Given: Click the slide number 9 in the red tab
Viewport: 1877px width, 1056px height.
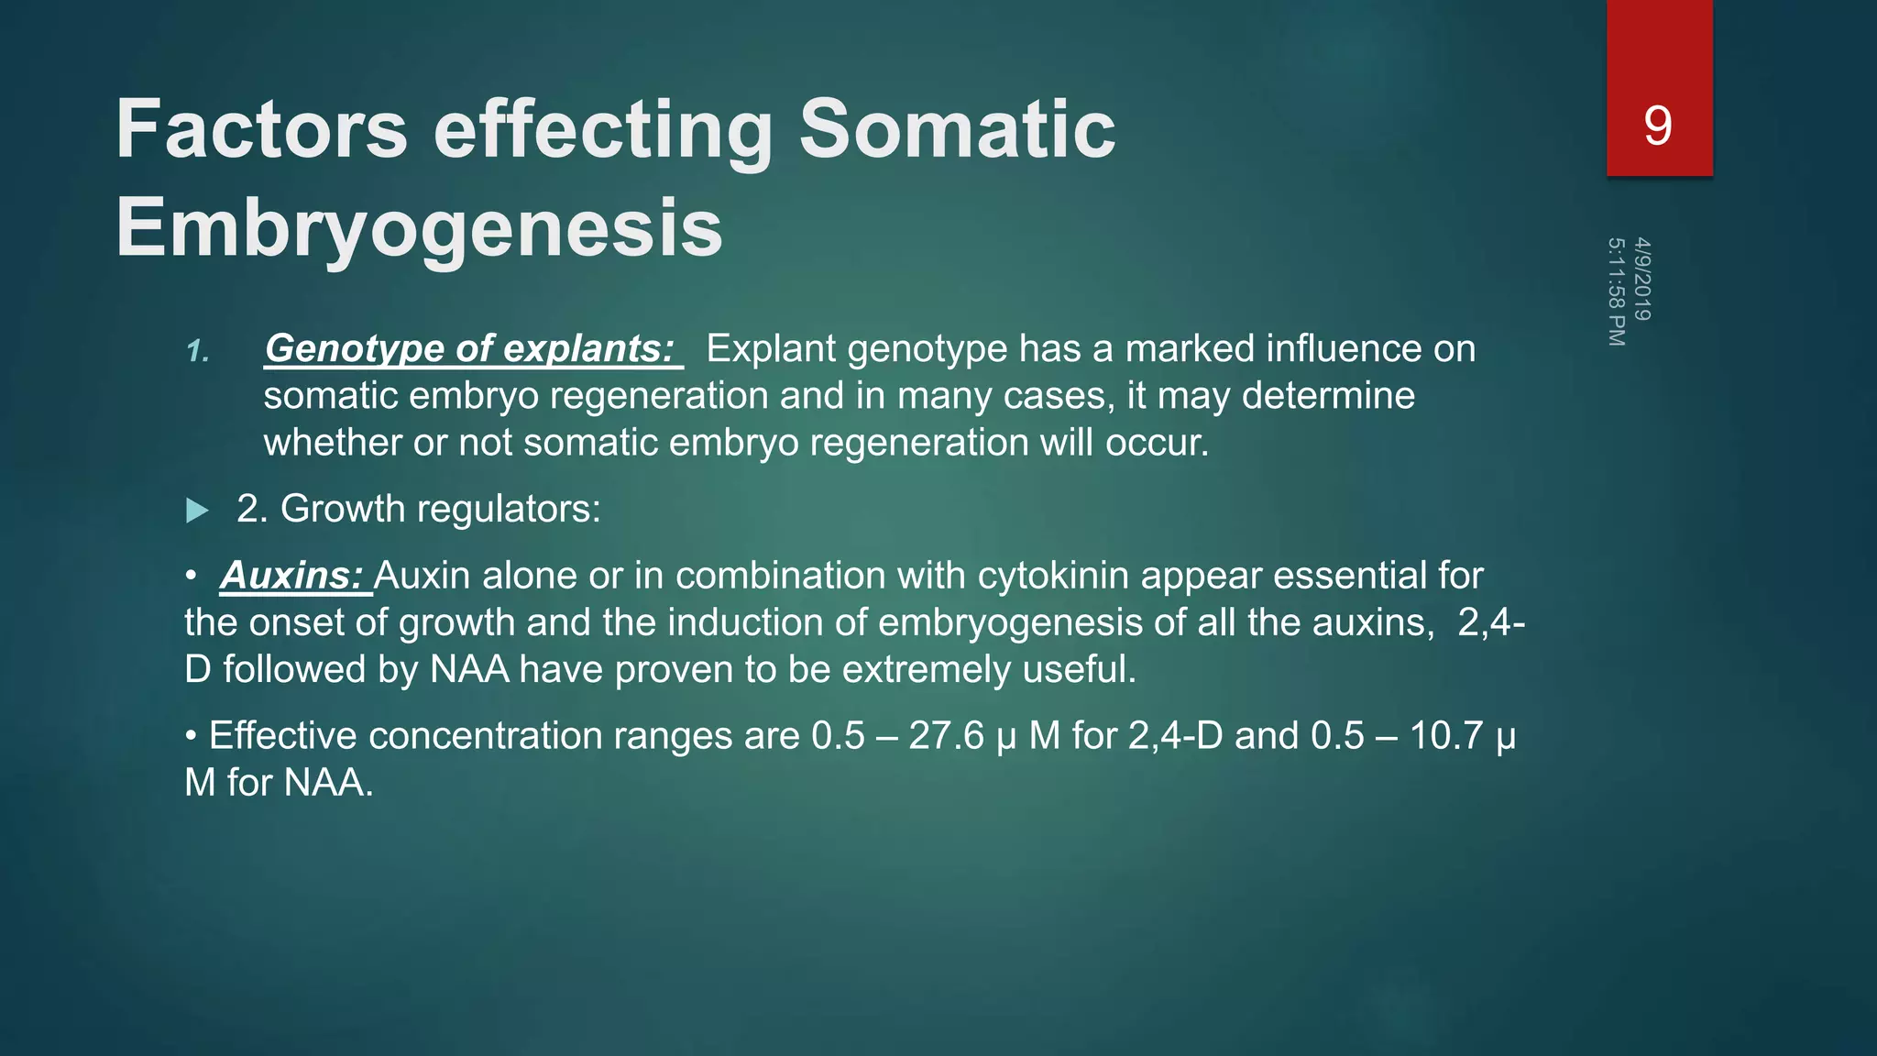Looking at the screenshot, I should (x=1657, y=126).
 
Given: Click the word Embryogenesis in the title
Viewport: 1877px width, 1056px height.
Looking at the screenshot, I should (x=419, y=227).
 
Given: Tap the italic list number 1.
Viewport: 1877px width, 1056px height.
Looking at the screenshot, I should (x=197, y=351).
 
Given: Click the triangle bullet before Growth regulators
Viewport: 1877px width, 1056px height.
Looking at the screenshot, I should (x=197, y=511).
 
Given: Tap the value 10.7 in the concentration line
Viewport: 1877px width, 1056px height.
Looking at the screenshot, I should (x=1445, y=736).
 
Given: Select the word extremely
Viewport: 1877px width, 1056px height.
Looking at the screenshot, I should (x=926, y=669).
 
